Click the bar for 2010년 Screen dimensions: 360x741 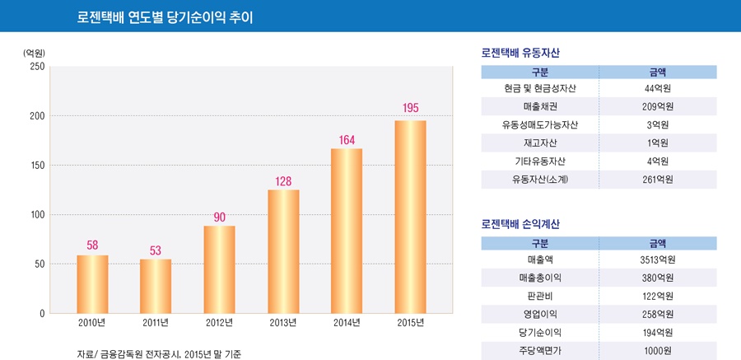pos(92,284)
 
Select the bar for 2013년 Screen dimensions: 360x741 pos(283,251)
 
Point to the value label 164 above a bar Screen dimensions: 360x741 pos(347,140)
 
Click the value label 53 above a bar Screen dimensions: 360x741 pos(156,250)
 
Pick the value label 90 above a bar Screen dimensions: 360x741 pos(220,217)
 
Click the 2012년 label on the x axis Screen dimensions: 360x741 pos(220,322)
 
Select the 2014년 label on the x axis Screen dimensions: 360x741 pos(347,322)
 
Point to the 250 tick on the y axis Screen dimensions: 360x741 pos(36,67)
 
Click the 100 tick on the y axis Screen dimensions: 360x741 pos(36,215)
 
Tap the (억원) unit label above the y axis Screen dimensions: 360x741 pos(35,53)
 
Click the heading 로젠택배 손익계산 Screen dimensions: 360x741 pos(520,224)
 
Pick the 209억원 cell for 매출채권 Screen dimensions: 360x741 pos(658,106)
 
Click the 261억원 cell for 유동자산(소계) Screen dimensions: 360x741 pos(658,179)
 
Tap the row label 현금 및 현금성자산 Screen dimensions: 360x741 pos(539,88)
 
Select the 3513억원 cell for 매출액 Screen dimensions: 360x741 pos(658,259)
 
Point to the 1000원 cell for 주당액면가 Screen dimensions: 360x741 pos(658,351)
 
